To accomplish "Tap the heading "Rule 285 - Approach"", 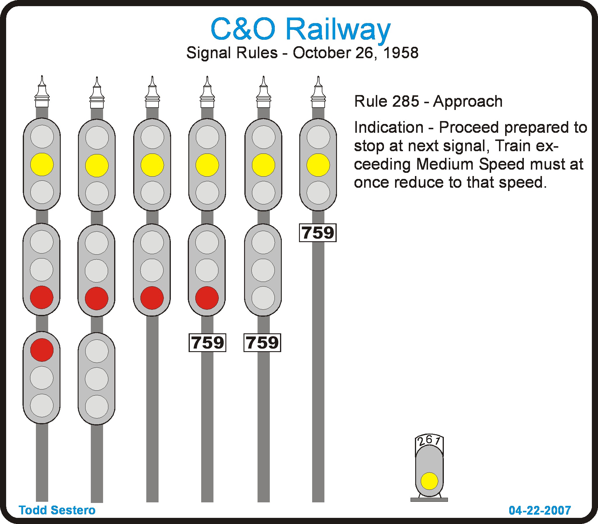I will pyautogui.click(x=428, y=101).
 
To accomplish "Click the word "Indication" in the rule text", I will pyautogui.click(x=389, y=127).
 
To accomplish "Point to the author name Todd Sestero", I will pyautogui.click(x=57, y=510).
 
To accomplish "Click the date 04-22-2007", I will pyautogui.click(x=540, y=510).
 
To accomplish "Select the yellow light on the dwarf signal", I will pyautogui.click(x=429, y=481).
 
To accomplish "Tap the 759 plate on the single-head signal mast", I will pyautogui.click(x=318, y=233).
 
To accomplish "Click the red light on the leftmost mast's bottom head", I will pyautogui.click(x=42, y=350).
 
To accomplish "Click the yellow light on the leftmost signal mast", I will pyautogui.click(x=42, y=164).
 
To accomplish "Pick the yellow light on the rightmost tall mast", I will pyautogui.click(x=318, y=165).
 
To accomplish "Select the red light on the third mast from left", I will pyautogui.click(x=152, y=298).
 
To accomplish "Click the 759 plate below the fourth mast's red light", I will pyautogui.click(x=207, y=342).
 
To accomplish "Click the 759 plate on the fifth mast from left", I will pyautogui.click(x=262, y=342).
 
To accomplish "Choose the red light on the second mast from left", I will pyautogui.click(x=97, y=298).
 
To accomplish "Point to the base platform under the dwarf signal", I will pyautogui.click(x=429, y=500).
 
